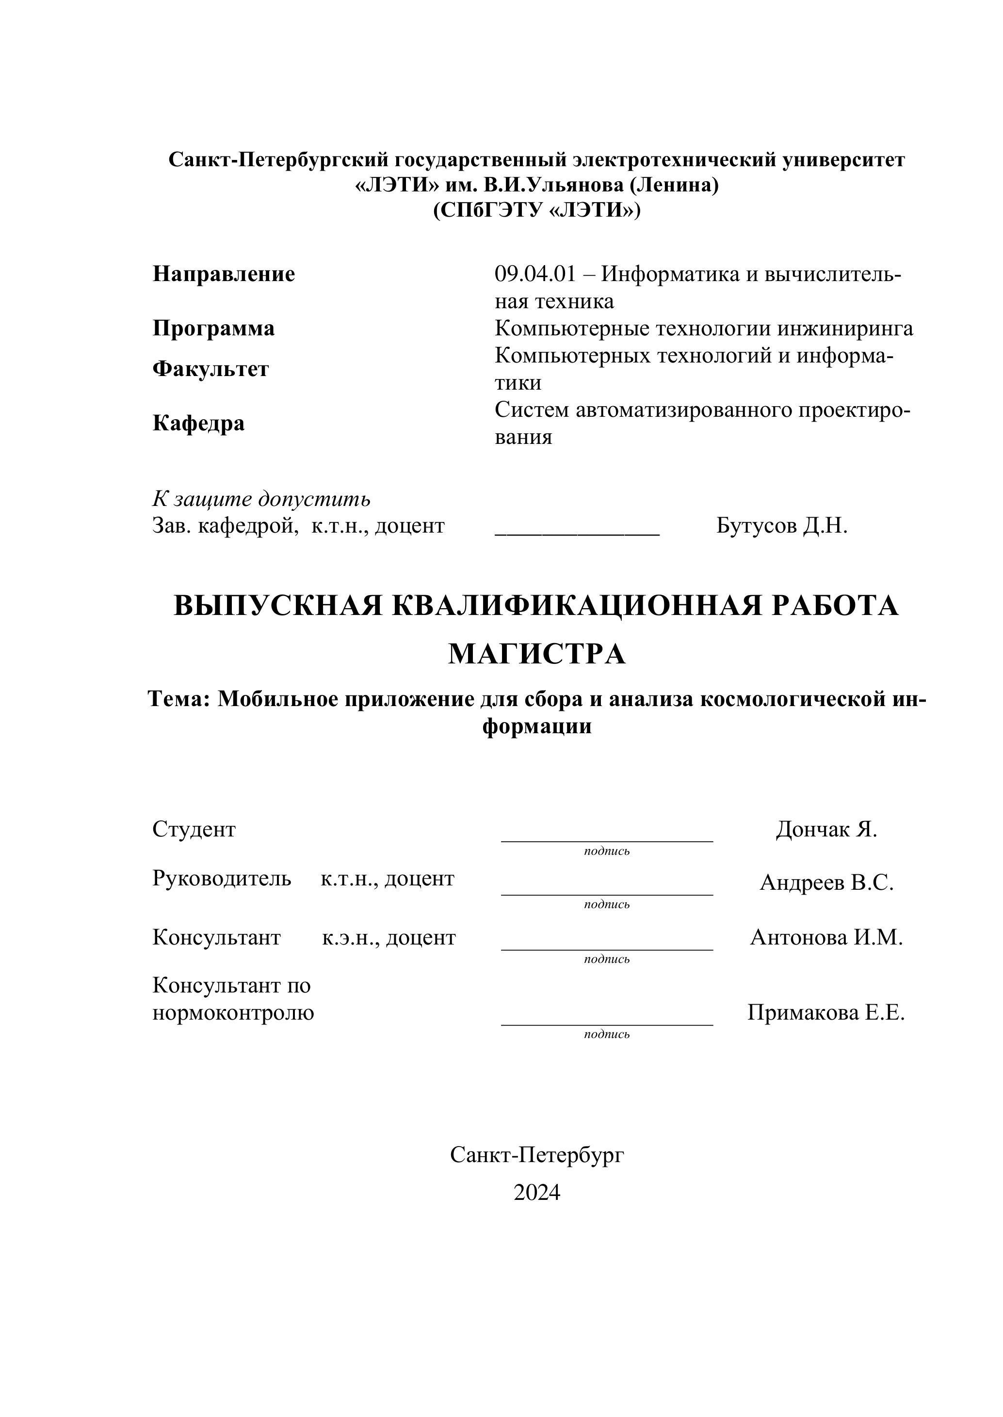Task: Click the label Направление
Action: click(224, 274)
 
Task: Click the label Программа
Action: click(213, 329)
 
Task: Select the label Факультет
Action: click(210, 369)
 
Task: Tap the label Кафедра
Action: click(198, 424)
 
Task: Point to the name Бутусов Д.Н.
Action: click(782, 526)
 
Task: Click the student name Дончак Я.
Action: click(826, 830)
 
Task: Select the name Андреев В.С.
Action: click(826, 882)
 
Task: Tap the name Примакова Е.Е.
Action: click(826, 1013)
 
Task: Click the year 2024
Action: click(537, 1193)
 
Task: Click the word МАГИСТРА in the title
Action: click(537, 654)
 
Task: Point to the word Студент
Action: click(194, 830)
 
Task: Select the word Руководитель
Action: click(222, 878)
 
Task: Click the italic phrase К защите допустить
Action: click(261, 499)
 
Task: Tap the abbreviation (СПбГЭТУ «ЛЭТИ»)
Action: click(537, 210)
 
